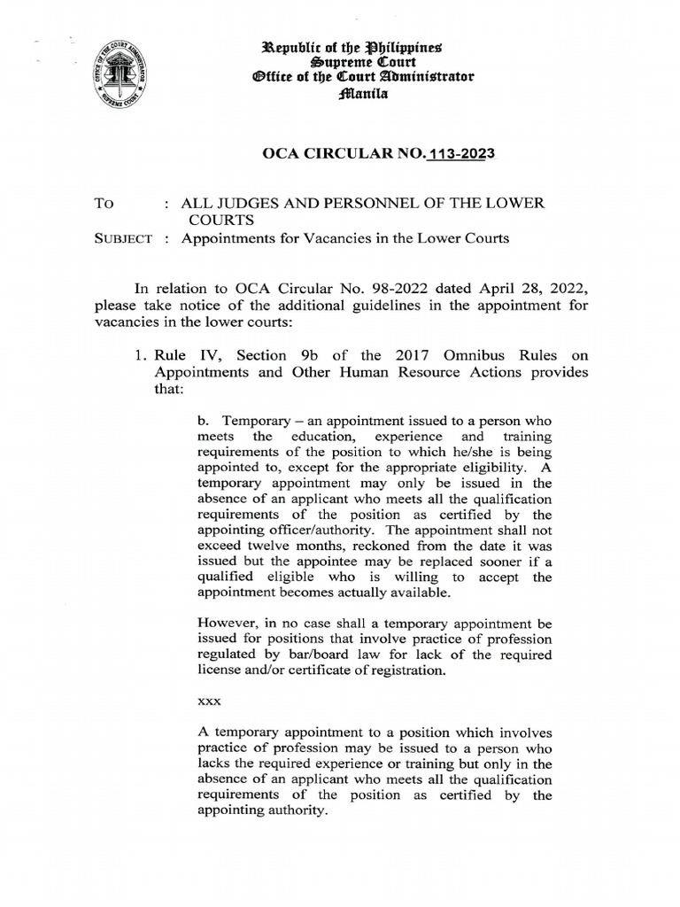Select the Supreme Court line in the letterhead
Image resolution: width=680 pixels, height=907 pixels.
[x=364, y=60]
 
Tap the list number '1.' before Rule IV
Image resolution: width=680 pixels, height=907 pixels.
[x=136, y=354]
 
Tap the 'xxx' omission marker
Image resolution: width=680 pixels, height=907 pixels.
[x=208, y=699]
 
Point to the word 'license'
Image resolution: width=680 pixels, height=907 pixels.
[x=220, y=671]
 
